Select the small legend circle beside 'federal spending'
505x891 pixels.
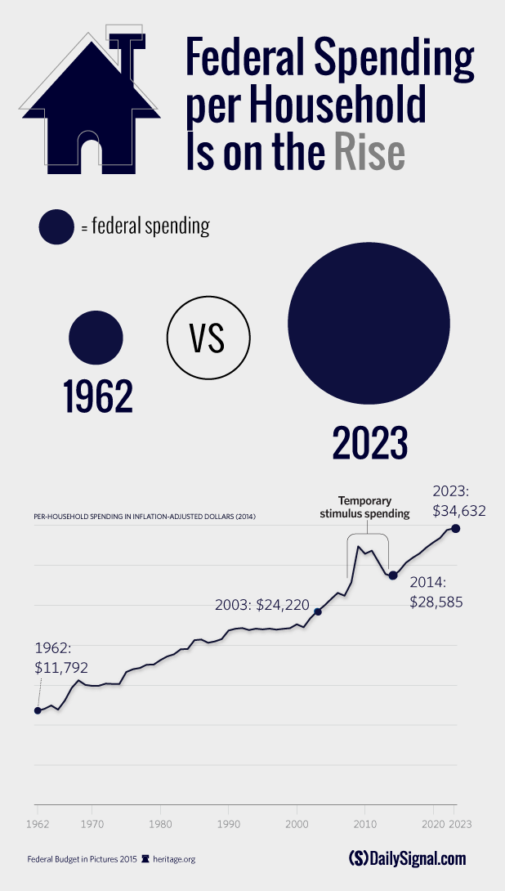click(56, 226)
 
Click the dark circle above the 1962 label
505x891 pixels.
click(96, 336)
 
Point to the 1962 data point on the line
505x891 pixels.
click(38, 710)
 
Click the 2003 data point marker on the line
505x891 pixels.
click(317, 611)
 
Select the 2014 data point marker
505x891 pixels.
click(393, 575)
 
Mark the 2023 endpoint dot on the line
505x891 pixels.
click(455, 529)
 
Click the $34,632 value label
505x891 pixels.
click(459, 512)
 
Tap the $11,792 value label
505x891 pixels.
click(61, 667)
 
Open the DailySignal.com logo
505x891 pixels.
click(406, 858)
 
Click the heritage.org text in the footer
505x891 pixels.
click(172, 859)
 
